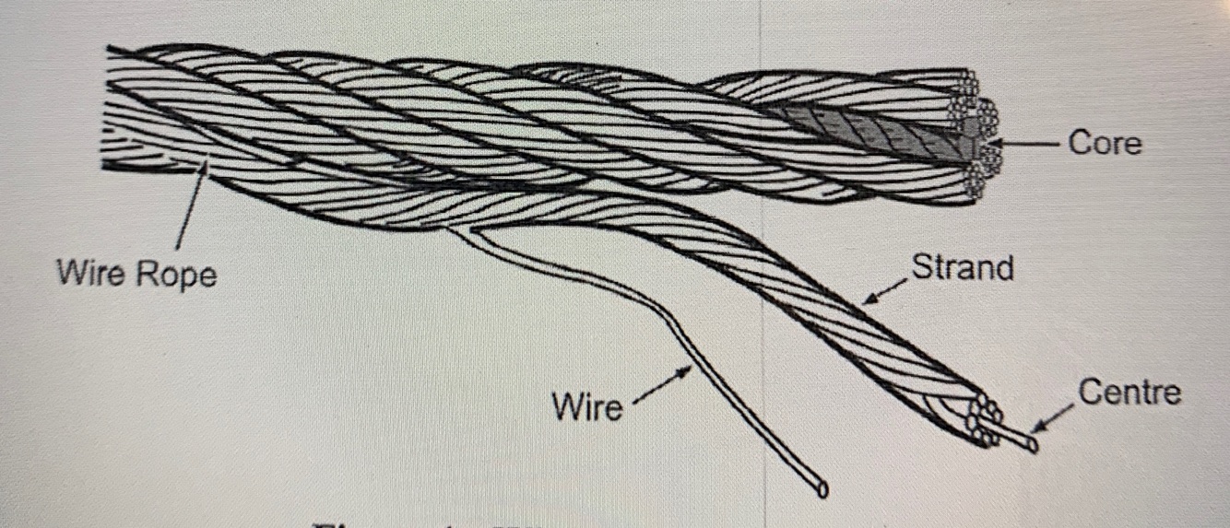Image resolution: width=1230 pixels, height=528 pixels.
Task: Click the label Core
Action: [x=1105, y=144]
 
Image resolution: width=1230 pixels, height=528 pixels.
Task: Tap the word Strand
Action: [x=962, y=267]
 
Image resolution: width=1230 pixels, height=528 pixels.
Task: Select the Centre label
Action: [x=1129, y=393]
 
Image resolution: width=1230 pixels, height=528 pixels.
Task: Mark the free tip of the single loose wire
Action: [x=820, y=489]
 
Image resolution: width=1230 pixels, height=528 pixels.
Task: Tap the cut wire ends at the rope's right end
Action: [x=979, y=134]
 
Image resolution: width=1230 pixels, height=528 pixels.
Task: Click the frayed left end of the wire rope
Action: [x=115, y=111]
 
